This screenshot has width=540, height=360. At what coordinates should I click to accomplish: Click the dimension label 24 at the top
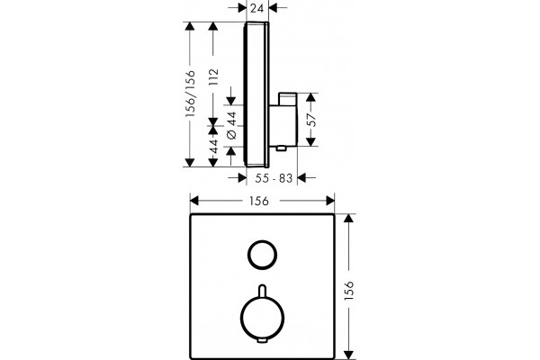[257, 7]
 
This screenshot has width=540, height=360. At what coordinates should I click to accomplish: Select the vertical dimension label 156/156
[190, 94]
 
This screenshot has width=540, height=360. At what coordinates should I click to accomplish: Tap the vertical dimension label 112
[213, 77]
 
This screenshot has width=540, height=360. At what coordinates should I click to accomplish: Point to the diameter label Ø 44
[232, 125]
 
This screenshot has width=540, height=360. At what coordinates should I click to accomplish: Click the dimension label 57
[311, 120]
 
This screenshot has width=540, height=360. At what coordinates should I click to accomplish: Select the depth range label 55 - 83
[274, 178]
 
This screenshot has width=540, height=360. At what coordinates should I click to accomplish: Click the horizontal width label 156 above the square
[259, 201]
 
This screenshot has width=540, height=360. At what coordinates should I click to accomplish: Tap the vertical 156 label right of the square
[349, 291]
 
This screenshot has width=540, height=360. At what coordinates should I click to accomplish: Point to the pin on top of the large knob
[263, 290]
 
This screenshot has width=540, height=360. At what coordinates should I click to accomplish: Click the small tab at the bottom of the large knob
[263, 341]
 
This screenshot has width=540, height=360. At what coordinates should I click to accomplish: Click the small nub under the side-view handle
[282, 148]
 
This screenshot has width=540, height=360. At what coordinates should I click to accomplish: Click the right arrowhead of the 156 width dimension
[330, 201]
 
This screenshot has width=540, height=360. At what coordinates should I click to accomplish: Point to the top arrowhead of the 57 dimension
[311, 97]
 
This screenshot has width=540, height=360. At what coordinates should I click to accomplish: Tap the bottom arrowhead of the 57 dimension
[311, 141]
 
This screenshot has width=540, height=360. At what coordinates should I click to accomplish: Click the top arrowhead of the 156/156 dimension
[190, 26]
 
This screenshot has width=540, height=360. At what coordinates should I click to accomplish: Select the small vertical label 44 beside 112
[213, 146]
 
